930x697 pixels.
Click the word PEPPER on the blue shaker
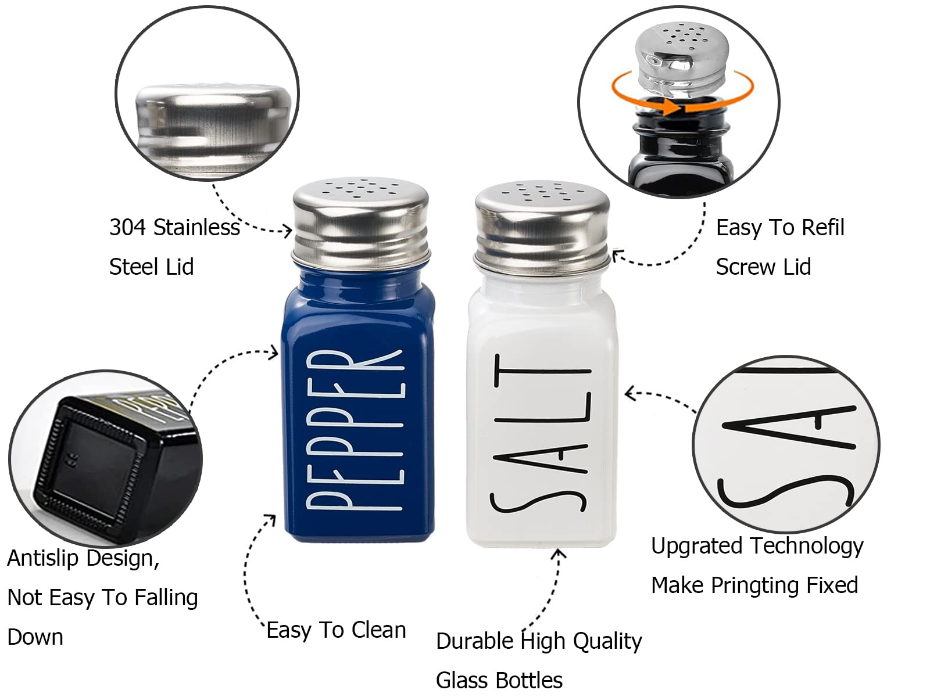[355, 430]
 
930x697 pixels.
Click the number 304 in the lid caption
[128, 227]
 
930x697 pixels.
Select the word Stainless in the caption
[196, 227]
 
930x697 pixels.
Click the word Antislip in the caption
[43, 558]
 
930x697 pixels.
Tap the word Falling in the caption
[166, 598]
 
